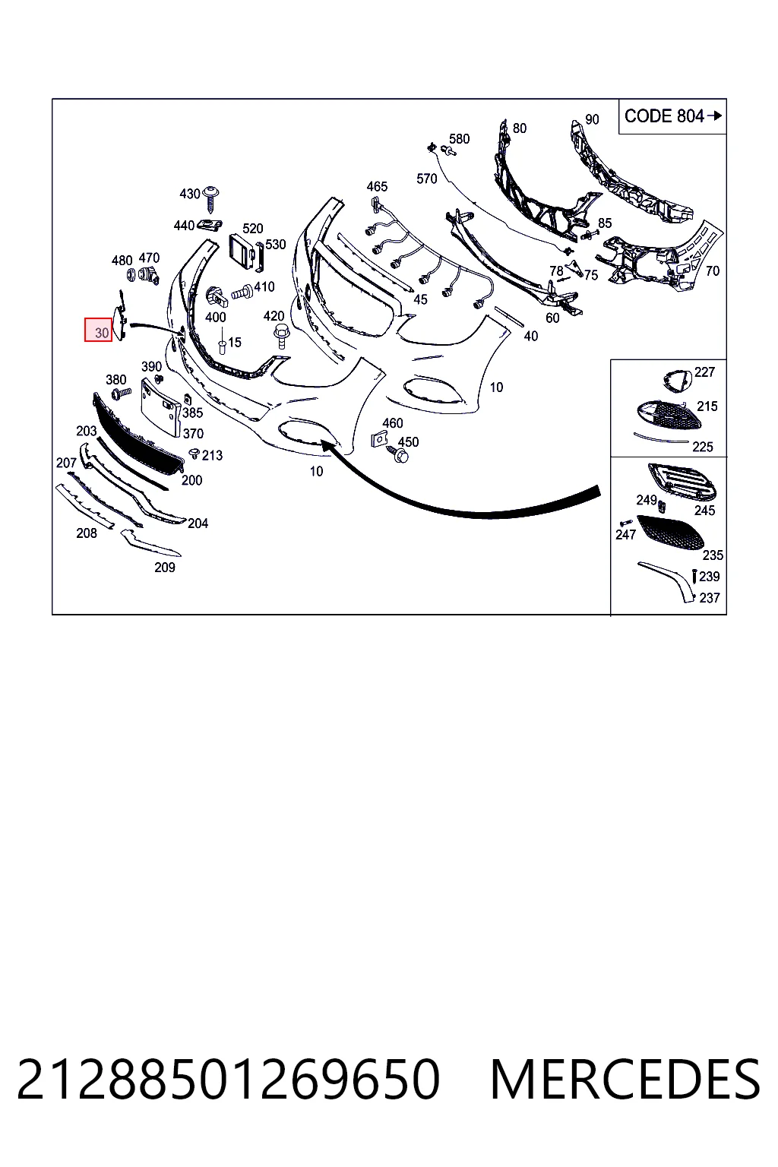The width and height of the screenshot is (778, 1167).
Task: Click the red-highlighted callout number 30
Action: [x=102, y=332]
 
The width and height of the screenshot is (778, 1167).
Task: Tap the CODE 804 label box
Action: [x=672, y=116]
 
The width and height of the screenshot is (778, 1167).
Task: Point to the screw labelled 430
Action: [x=211, y=198]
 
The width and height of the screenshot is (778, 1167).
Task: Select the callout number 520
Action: [x=253, y=228]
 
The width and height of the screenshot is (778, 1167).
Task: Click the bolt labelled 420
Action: [x=281, y=335]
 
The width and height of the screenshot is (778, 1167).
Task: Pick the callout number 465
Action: [x=377, y=186]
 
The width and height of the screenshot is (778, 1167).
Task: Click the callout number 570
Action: [x=426, y=179]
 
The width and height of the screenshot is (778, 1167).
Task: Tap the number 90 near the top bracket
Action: [x=592, y=119]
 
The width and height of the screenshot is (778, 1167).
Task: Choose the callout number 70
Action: [x=713, y=271]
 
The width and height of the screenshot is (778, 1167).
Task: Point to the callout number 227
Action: [x=704, y=372]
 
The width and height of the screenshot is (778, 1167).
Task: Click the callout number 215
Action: [x=707, y=406]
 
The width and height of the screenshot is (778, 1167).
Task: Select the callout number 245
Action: [x=704, y=511]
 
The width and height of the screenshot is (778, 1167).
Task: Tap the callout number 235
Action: [x=713, y=555]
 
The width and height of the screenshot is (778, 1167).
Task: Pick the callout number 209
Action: [x=165, y=568]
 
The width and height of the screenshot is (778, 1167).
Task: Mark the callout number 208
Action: [x=87, y=533]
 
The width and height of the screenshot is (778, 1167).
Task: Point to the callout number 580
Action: [x=459, y=138]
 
